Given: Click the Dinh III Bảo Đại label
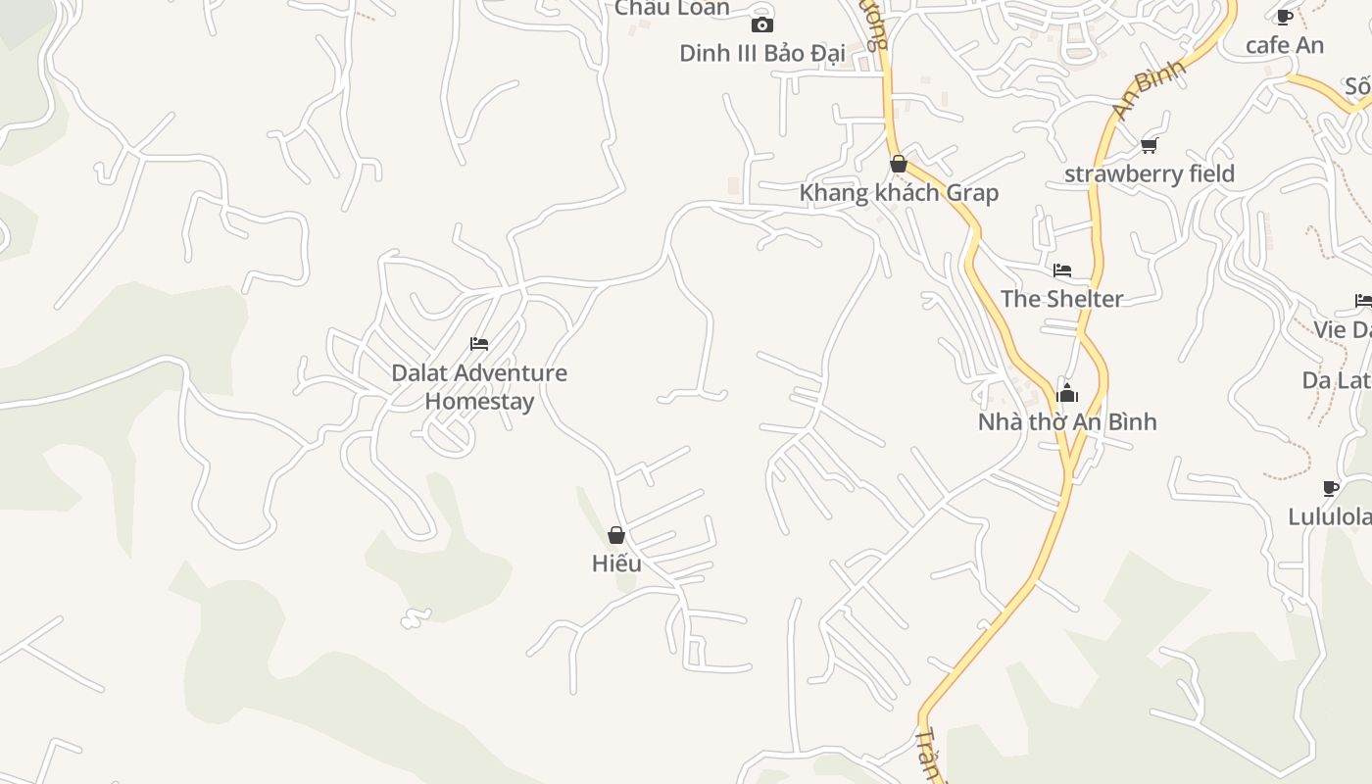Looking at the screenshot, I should pos(761,52).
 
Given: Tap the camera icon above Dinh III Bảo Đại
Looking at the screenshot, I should pos(761,24).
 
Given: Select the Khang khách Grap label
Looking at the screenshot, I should pos(899,192).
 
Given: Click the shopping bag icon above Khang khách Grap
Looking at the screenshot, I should pos(898,164).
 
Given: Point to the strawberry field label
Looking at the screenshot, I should pos(1149,173).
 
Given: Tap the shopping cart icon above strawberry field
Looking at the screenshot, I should pos(1149,146).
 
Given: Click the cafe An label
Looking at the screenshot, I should pos(1284,45).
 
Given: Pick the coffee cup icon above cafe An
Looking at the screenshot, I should pos(1284,17).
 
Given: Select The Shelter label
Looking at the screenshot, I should pos(1061,298).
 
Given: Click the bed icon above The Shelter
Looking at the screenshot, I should pos(1061,270).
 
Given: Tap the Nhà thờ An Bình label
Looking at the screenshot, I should pos(1067,421).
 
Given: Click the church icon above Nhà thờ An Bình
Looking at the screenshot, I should pos(1067,394).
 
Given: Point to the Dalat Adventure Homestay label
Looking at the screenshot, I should pos(479,386).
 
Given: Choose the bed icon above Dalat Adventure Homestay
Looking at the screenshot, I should pos(479,344).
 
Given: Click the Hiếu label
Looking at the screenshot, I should pos(616,563).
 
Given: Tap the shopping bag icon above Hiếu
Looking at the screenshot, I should pos(616,535).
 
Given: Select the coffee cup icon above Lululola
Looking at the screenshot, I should pos(1330,488).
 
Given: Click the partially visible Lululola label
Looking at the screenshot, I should pos(1330,515).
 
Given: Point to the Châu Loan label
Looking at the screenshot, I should pos(672,8).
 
